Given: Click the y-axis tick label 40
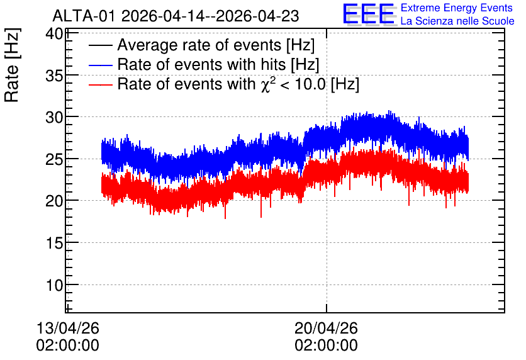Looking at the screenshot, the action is [x=55, y=34].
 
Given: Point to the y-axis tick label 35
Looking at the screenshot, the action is [x=55, y=76].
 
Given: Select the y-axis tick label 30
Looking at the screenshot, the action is [x=55, y=118].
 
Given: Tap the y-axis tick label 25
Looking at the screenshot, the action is [x=55, y=160].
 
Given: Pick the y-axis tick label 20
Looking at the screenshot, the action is [x=55, y=201].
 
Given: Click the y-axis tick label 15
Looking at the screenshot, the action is [x=55, y=243].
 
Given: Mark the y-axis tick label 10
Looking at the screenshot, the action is [x=55, y=285].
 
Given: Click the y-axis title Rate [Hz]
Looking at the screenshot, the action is [x=12, y=65].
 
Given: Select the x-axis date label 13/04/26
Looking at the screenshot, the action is [x=68, y=328].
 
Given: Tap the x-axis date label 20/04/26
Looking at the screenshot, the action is [x=326, y=328].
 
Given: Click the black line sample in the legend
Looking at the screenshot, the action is [x=101, y=45].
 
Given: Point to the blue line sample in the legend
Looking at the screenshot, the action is [x=101, y=65].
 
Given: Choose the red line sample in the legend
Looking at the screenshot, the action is [x=101, y=84].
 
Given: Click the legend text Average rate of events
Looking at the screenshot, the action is [x=199, y=45].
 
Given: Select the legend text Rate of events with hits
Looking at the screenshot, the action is [x=201, y=64].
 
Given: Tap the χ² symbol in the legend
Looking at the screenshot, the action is [x=268, y=84].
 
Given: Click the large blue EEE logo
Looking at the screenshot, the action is [x=369, y=14].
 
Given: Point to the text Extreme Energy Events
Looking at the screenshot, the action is [x=457, y=8].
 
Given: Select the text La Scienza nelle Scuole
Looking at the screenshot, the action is [x=457, y=21].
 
